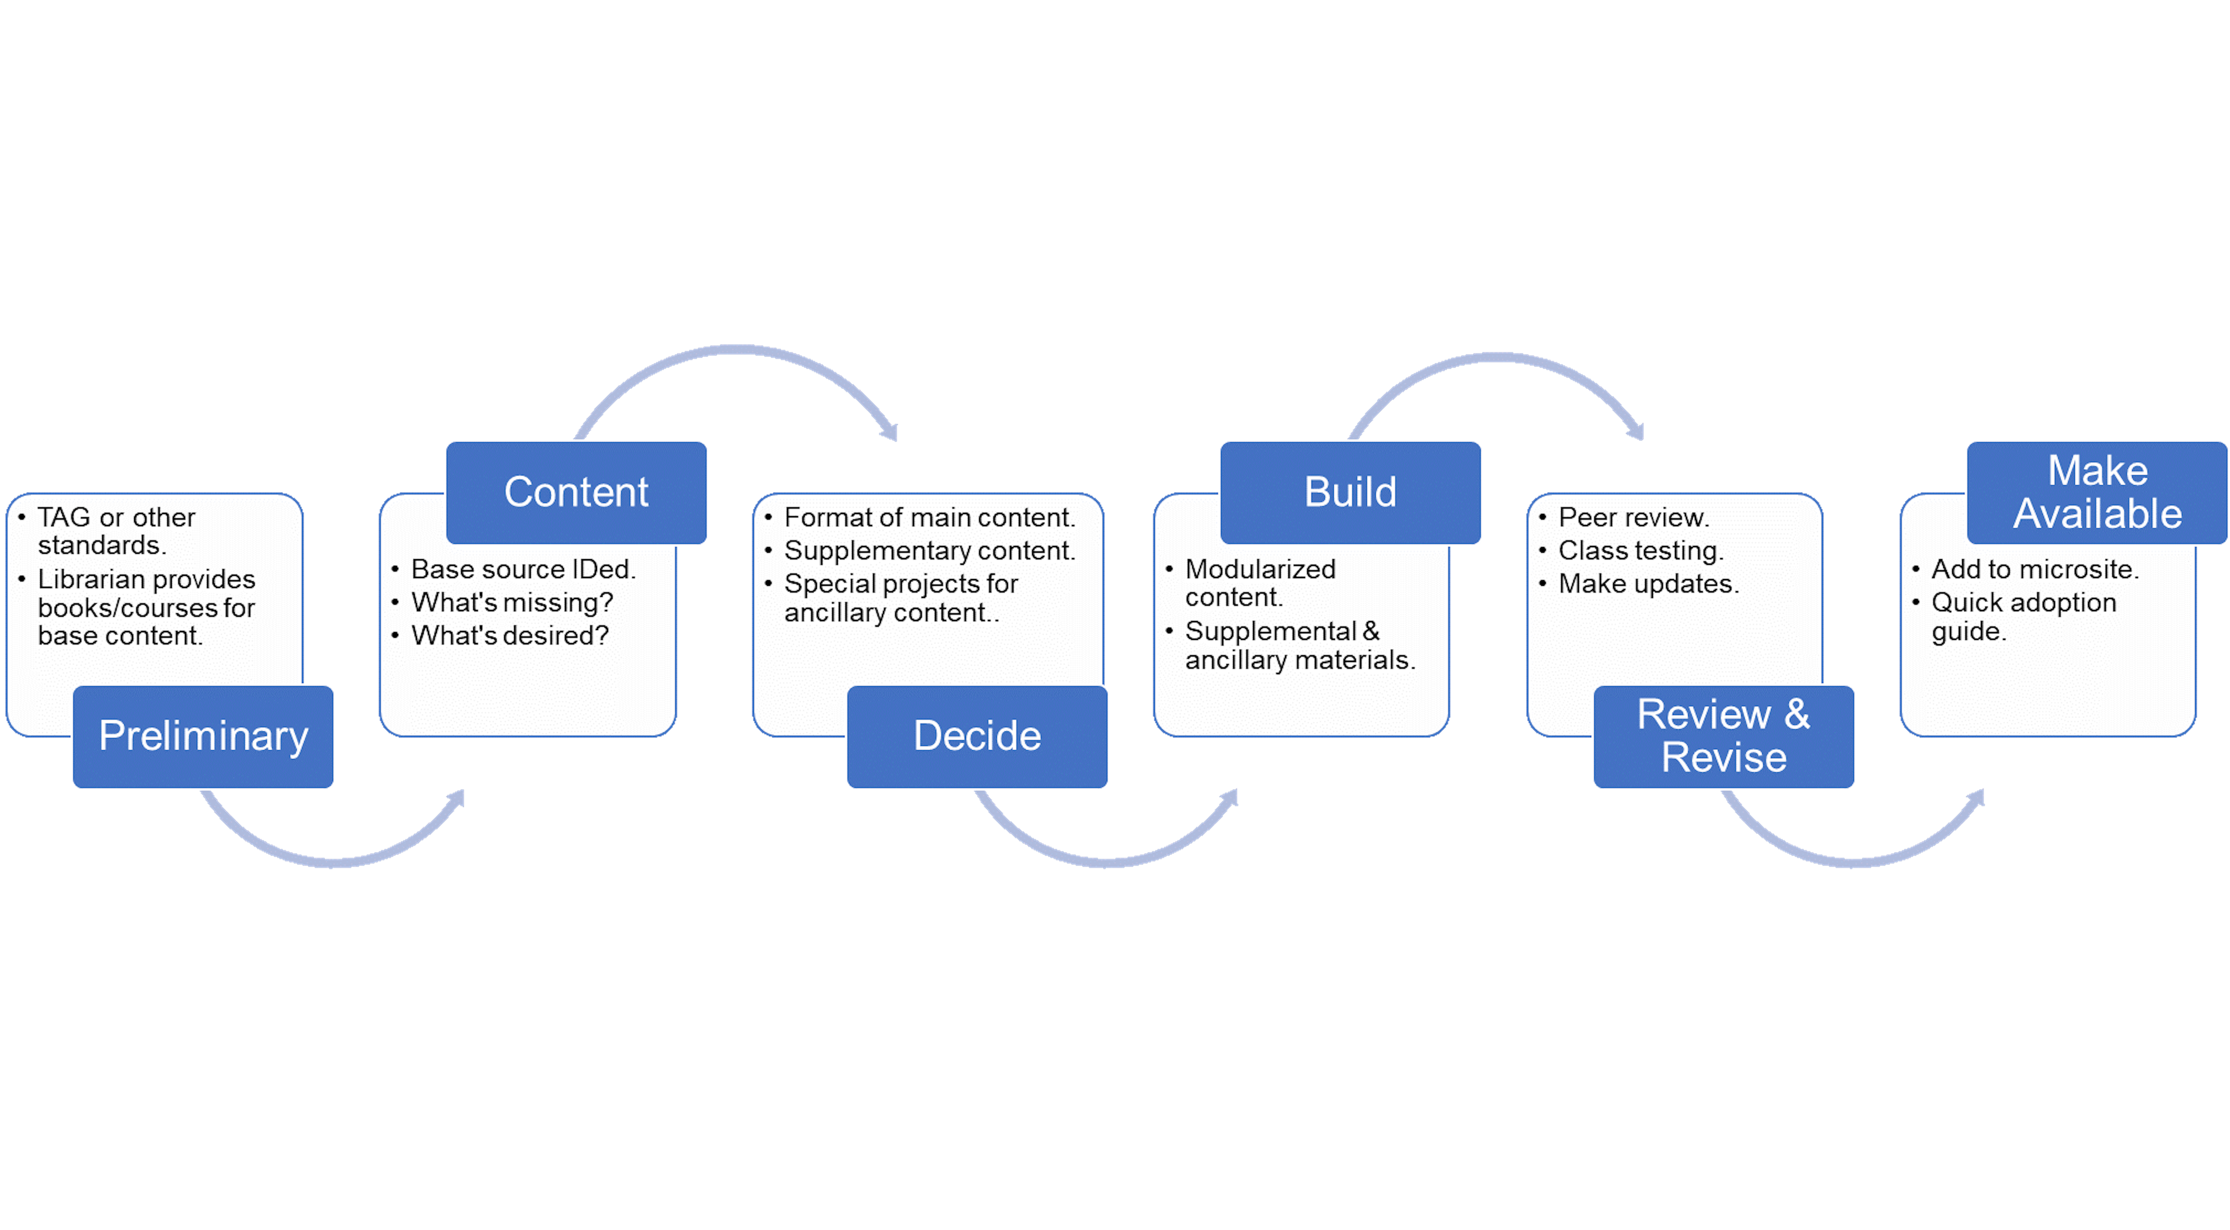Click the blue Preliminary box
point(203,736)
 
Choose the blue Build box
point(1350,492)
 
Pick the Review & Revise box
point(1724,736)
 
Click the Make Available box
point(2097,492)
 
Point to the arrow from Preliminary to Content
point(334,861)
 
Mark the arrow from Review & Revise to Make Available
point(1853,861)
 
